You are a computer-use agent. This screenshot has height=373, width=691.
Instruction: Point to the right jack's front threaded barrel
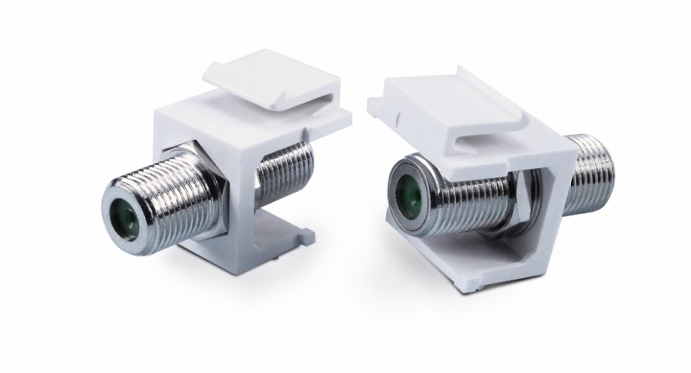449,190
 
